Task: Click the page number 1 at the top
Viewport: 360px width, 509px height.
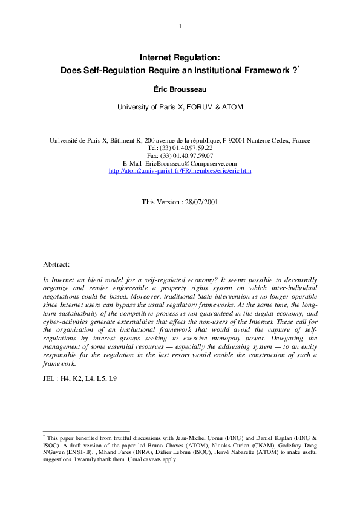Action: (180, 26)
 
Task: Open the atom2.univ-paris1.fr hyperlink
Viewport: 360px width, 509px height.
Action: (180, 171)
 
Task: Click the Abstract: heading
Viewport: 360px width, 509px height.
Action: (56, 265)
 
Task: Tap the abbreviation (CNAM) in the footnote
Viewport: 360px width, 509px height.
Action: (230, 444)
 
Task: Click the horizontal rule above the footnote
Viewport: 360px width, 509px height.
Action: (87, 431)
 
